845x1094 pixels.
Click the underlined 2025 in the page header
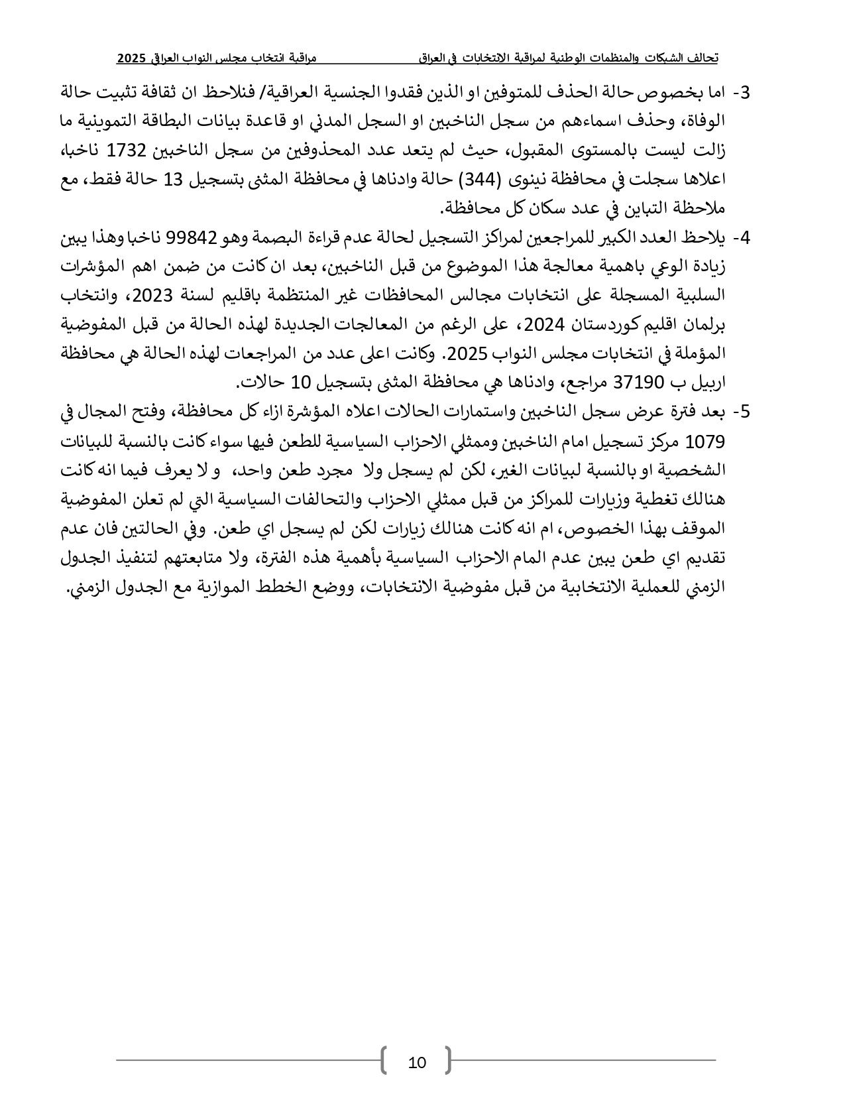pos(131,58)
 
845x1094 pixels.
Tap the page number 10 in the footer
pos(417,1064)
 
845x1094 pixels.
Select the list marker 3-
pos(743,93)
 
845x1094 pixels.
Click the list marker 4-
pos(743,237)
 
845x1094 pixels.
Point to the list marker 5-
pos(743,412)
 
